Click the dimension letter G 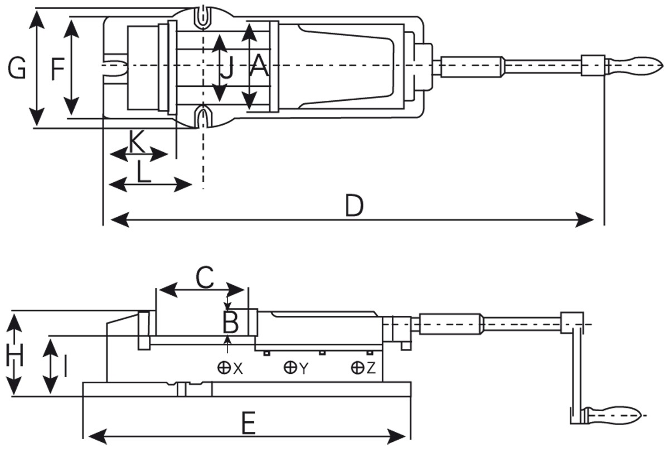(x=17, y=68)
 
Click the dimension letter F (x=57, y=69)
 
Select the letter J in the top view (x=227, y=68)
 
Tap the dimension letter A (x=259, y=66)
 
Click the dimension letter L (x=144, y=173)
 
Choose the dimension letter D (x=354, y=206)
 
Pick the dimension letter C (x=205, y=277)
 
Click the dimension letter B (x=231, y=322)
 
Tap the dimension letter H (x=14, y=355)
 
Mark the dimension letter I (x=65, y=366)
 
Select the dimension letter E (x=249, y=423)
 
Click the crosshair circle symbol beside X (x=224, y=367)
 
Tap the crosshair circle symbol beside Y (x=290, y=367)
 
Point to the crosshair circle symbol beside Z (x=357, y=367)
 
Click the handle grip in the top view (x=634, y=65)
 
